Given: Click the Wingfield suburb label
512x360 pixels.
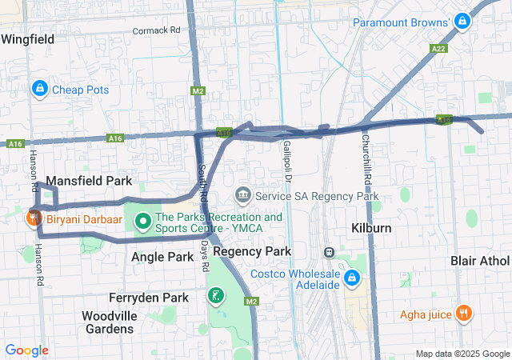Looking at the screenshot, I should [x=28, y=38].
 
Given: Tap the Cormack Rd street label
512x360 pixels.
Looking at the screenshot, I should [x=156, y=30].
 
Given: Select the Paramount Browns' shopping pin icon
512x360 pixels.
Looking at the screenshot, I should [x=461, y=22].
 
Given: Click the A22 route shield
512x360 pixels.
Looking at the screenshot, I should [x=438, y=48].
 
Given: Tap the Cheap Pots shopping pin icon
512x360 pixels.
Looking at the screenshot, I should [x=38, y=89].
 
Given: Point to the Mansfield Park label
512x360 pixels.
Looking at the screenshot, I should [x=89, y=181].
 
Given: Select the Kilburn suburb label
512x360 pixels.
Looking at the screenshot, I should [x=371, y=228].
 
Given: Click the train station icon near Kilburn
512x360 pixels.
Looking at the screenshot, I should [x=328, y=251].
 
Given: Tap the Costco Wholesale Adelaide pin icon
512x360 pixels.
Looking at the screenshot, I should [x=351, y=278].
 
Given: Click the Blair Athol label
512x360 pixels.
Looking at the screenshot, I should [x=479, y=261].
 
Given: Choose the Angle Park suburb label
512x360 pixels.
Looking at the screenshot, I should [x=162, y=257].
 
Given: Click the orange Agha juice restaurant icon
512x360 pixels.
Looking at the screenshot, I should [x=462, y=314].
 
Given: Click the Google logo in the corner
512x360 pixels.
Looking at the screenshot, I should [x=26, y=350].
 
